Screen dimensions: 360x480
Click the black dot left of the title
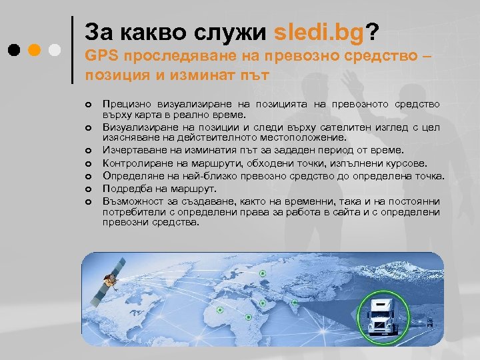click(14, 50)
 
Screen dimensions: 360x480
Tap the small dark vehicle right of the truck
click(430, 322)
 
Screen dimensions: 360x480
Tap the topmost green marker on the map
click(263, 272)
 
